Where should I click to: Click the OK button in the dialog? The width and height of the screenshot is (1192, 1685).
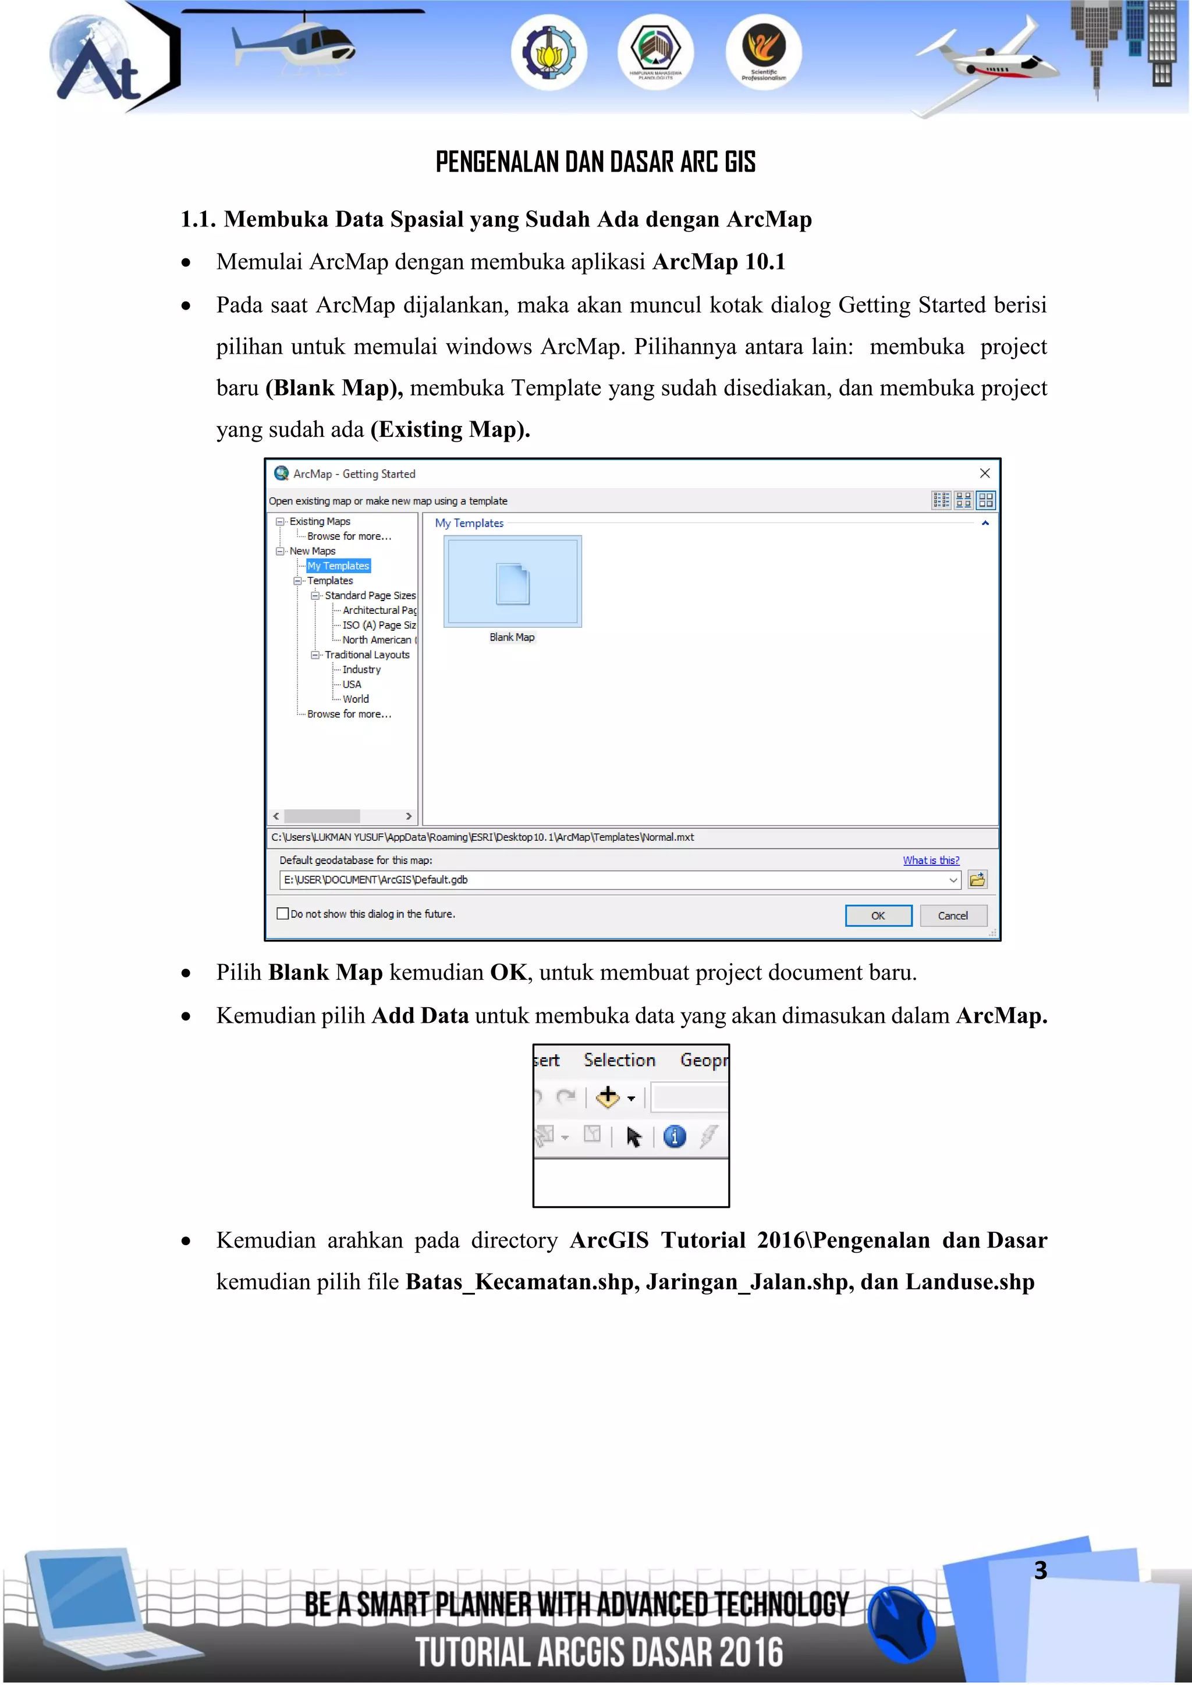878,915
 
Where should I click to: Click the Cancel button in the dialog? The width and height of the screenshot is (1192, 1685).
953,915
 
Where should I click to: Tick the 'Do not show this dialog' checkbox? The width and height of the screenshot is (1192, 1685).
283,913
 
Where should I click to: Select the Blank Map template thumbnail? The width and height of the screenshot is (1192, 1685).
512,581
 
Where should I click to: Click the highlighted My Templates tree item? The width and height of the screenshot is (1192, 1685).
338,566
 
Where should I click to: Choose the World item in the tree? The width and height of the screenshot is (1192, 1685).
355,699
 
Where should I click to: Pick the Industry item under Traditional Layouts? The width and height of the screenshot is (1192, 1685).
361,669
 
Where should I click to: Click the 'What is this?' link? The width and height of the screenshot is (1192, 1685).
931,860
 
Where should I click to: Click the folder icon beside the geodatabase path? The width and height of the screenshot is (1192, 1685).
977,879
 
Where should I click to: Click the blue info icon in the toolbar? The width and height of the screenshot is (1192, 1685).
675,1137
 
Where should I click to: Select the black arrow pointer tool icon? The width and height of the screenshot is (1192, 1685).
633,1137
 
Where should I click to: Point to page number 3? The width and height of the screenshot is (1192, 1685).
1040,1570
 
